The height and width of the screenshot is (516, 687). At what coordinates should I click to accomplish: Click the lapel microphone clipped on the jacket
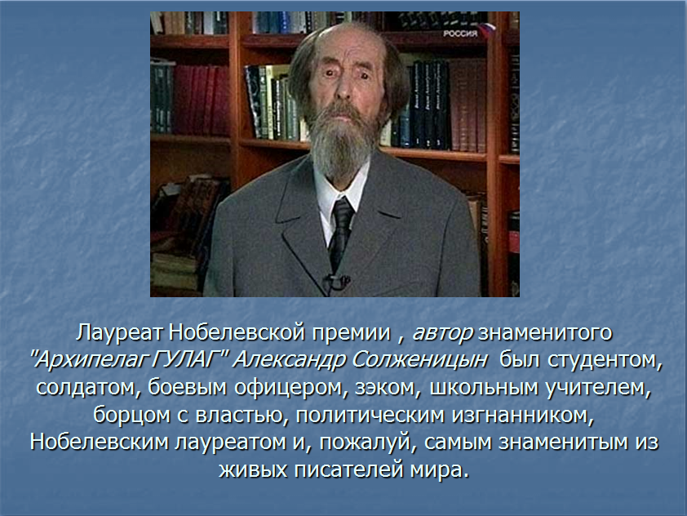tap(336, 282)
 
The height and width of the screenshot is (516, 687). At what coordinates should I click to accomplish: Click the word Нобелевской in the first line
tap(236, 333)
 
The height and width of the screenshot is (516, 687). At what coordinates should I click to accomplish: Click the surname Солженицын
tap(419, 360)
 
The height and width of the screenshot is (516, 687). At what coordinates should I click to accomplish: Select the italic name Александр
tap(290, 360)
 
